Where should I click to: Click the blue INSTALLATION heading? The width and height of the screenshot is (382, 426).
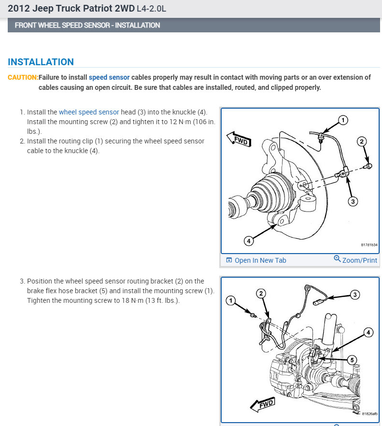click(41, 62)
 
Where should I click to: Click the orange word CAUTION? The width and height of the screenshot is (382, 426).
click(23, 77)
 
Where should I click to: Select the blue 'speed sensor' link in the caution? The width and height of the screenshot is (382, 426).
click(109, 77)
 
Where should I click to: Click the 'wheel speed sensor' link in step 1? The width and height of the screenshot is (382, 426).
click(89, 112)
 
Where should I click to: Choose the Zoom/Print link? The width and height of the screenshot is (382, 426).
click(355, 260)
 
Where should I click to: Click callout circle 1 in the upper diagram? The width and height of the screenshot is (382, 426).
click(342, 120)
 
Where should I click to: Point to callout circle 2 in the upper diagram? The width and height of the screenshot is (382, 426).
click(362, 142)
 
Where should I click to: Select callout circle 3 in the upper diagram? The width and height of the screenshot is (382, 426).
click(353, 201)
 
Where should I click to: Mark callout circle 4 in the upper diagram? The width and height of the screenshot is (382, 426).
click(248, 240)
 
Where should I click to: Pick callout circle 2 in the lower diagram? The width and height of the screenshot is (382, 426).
click(261, 293)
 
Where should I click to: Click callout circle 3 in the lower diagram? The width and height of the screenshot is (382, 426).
click(355, 294)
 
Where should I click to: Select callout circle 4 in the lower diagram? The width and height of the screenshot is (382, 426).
click(368, 332)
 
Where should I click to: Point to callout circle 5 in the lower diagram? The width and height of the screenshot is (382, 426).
click(353, 359)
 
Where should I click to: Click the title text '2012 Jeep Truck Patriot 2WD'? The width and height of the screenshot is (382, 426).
click(66, 9)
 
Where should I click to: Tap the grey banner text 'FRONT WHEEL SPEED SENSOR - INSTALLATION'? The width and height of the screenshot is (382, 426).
click(87, 25)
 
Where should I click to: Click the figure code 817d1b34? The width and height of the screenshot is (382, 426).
click(369, 245)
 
